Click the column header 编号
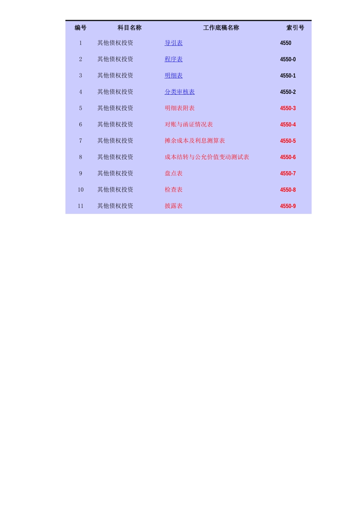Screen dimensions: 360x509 [x=80, y=28]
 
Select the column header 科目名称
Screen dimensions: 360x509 [x=129, y=28]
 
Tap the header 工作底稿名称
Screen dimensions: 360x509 [x=221, y=28]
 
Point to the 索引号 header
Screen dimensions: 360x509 [x=295, y=28]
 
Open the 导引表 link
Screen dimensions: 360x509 [x=174, y=43]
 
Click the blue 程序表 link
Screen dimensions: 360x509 [x=174, y=59]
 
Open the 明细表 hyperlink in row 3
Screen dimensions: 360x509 [x=174, y=75]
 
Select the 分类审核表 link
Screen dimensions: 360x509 [x=180, y=92]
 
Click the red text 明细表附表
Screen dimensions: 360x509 [x=180, y=108]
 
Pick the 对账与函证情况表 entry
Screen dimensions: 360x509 [x=189, y=125]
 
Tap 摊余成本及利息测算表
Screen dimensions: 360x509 [x=195, y=141]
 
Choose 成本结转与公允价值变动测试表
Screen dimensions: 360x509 [x=207, y=157]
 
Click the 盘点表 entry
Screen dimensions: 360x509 [x=174, y=173]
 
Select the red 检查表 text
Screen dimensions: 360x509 [x=174, y=190]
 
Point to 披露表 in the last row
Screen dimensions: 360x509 [x=174, y=206]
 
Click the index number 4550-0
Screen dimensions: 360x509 [x=288, y=59]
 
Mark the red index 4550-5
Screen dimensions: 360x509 [x=288, y=141]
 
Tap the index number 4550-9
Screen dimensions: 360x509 [x=288, y=206]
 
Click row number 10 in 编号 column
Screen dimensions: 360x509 [x=80, y=190]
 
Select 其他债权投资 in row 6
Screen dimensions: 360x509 [x=115, y=125]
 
